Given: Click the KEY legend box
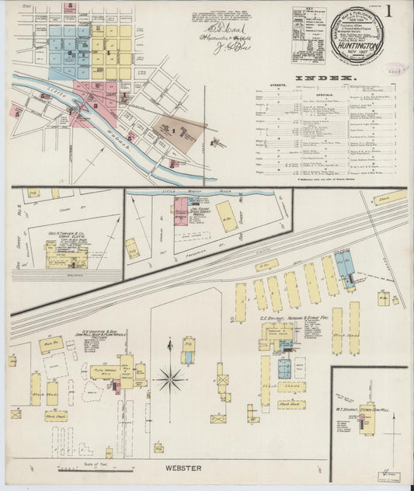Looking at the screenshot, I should click(308, 35).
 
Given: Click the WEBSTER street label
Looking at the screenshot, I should click(183, 468).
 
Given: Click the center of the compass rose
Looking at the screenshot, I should click(170, 380).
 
